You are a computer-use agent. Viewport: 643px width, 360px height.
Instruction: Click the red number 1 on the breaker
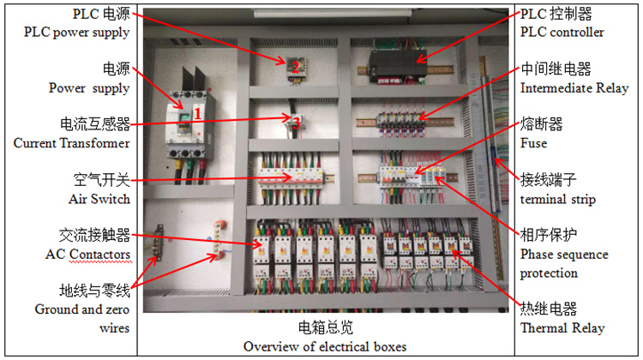197,112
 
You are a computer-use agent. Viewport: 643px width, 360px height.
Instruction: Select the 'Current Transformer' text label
71,143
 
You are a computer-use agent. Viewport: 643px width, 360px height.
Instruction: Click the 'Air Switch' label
99,199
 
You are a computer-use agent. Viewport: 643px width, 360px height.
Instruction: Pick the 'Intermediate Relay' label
574,87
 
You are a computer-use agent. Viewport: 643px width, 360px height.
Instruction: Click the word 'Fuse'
533,143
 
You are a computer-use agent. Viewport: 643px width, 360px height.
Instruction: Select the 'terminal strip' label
559,199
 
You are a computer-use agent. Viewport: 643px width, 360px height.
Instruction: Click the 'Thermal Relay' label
562,327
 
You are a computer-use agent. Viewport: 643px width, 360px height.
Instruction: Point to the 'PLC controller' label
562,33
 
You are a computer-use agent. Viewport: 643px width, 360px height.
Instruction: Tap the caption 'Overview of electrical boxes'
325,346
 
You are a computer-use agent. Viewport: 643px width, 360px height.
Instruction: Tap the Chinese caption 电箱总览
325,327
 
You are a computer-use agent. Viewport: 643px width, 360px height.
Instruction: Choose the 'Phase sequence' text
564,255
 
